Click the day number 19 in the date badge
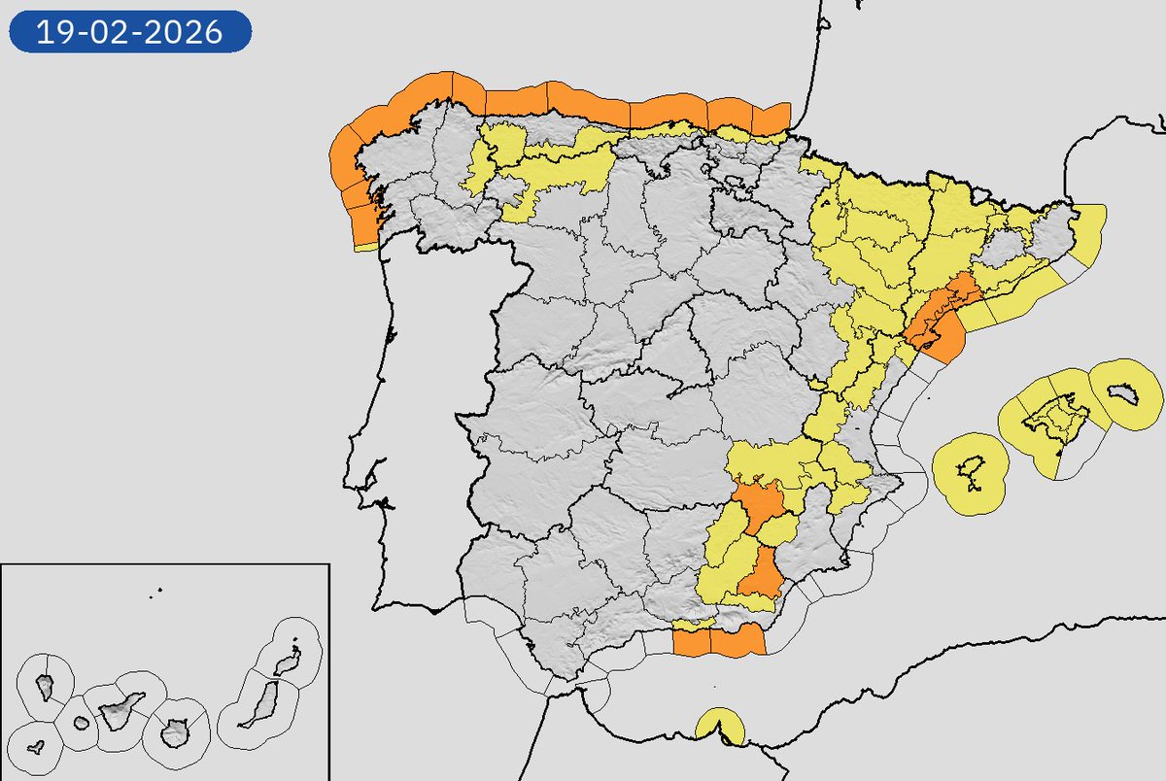(51, 33)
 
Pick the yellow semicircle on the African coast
(720, 725)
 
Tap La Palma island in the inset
(45, 685)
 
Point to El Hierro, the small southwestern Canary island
(36, 748)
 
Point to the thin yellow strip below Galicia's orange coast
(365, 247)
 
